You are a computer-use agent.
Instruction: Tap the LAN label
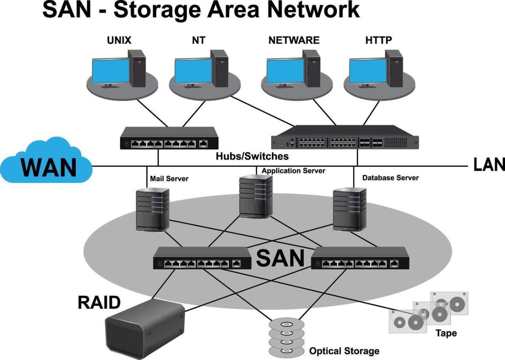489,165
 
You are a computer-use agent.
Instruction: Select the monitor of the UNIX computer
110,71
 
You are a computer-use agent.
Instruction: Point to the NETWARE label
294,40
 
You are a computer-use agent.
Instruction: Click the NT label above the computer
199,40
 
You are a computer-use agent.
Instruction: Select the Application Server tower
256,196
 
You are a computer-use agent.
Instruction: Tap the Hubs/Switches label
252,156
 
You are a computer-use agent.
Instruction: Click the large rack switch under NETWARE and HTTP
345,137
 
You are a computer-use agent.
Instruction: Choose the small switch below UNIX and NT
169,138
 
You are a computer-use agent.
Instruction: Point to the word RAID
99,303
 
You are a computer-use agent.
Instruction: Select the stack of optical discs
286,337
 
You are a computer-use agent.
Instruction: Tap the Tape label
446,333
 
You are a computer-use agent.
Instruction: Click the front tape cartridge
408,321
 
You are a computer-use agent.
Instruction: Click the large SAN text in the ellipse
280,259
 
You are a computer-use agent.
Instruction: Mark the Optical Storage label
344,351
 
